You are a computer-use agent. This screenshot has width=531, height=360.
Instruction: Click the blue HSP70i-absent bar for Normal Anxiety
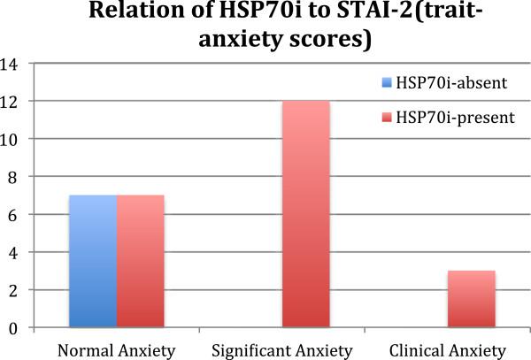[93, 262]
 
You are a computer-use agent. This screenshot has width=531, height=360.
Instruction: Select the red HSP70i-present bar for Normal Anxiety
[140, 262]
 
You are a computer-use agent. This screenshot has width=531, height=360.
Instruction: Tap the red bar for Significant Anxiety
[305, 214]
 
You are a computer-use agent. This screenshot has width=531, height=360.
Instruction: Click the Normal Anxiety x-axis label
[116, 348]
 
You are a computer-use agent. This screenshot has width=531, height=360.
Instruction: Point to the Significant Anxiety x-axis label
[281, 348]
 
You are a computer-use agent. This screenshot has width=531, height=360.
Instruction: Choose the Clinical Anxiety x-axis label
[447, 348]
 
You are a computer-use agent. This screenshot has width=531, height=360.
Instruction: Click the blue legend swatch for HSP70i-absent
[385, 84]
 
